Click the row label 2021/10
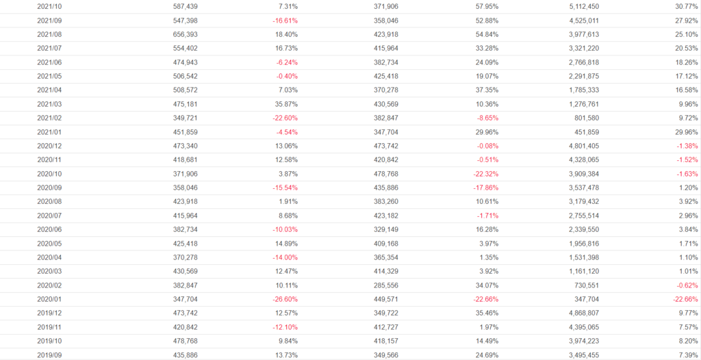tap(50, 6)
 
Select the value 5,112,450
tap(583, 6)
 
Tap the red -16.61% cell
tap(284, 21)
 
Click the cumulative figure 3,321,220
tap(583, 48)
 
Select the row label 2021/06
tap(50, 62)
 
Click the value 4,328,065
tap(583, 160)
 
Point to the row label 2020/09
tap(50, 188)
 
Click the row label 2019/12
tap(50, 313)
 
